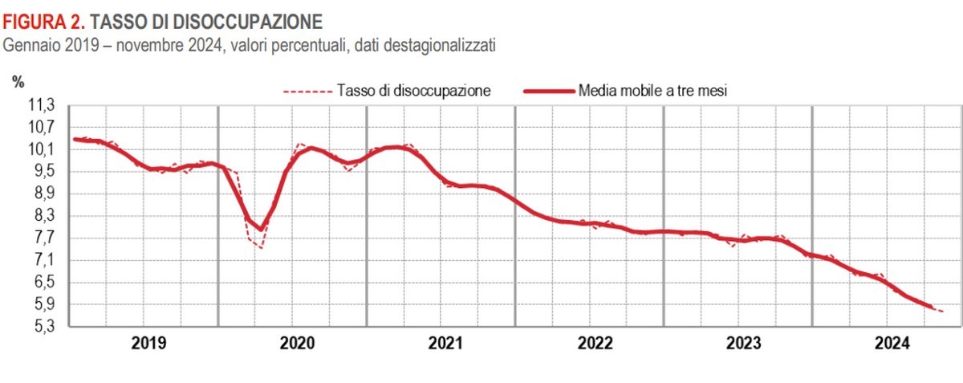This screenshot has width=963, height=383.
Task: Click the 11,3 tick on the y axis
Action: [x=43, y=105]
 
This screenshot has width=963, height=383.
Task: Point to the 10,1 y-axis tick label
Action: [x=43, y=149]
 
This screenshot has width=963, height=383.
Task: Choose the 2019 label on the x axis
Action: [x=148, y=344]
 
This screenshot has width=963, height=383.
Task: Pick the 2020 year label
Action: [x=297, y=344]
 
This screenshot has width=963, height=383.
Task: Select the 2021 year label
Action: [x=445, y=344]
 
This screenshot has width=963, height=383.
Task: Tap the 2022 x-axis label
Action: [x=595, y=344]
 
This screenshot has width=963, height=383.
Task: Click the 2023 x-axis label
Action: [x=743, y=344]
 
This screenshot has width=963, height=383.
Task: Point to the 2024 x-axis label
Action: [x=892, y=344]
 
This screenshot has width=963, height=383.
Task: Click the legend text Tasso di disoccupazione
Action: [x=414, y=91]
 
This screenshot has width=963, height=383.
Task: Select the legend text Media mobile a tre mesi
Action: [x=652, y=91]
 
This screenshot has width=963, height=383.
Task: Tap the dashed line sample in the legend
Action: [x=307, y=91]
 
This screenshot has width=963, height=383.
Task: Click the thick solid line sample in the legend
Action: [x=548, y=91]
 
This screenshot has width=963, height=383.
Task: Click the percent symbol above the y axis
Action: [x=18, y=80]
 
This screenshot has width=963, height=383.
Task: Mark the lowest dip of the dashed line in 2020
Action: [x=261, y=247]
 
